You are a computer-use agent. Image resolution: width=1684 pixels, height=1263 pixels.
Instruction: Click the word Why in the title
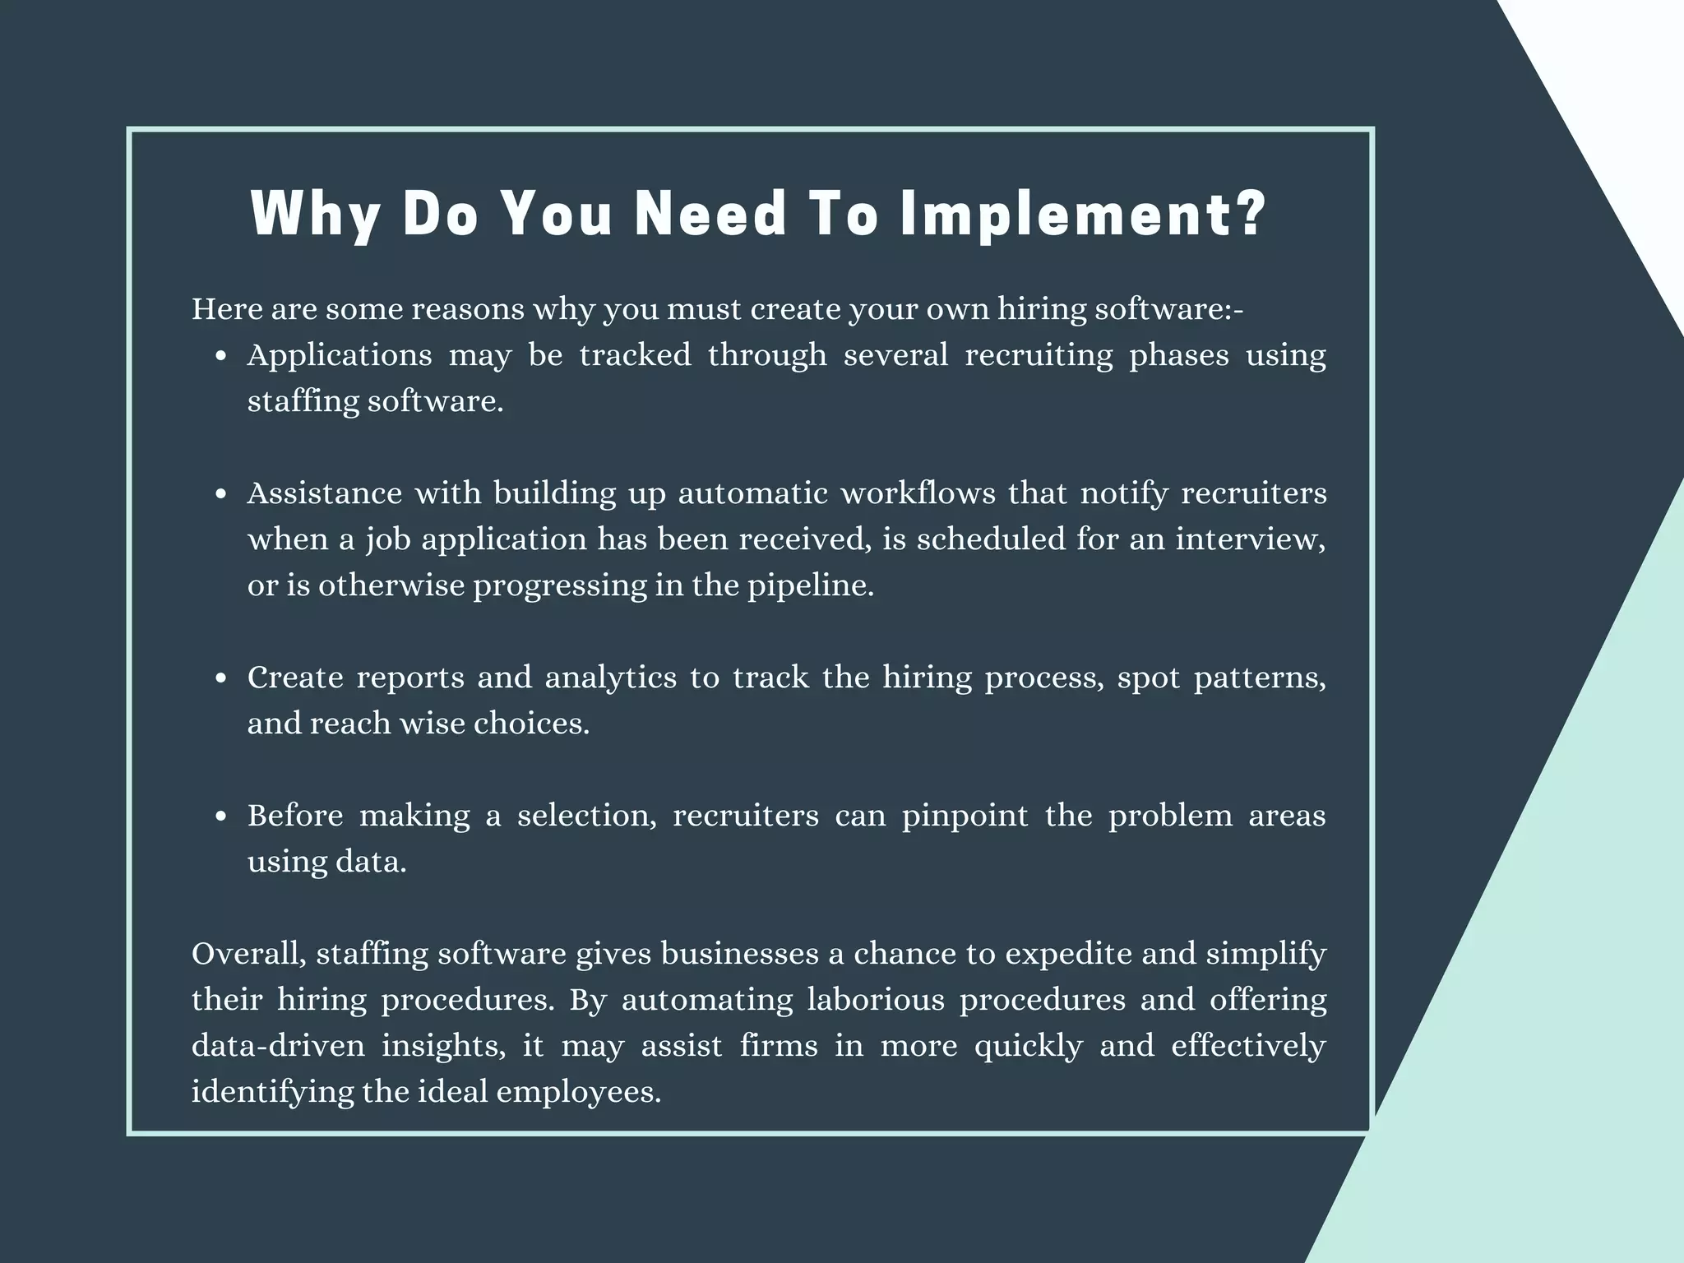tap(316, 214)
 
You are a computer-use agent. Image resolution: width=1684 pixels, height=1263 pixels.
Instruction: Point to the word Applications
tap(340, 355)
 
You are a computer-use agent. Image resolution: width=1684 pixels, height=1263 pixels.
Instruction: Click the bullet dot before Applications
tap(220, 357)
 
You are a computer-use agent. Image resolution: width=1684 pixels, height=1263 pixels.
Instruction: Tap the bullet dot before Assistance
tap(220, 495)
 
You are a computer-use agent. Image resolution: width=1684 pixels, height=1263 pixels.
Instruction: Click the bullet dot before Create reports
tap(220, 679)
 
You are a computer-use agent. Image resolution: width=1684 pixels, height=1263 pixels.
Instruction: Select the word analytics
tap(610, 678)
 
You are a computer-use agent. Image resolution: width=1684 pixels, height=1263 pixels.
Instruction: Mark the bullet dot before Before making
tap(220, 817)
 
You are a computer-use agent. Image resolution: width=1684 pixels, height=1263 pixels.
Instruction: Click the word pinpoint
tap(965, 816)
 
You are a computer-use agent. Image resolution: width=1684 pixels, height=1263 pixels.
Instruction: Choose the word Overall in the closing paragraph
tap(249, 954)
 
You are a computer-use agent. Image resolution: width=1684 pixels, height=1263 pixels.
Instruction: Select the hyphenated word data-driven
tap(278, 1046)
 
